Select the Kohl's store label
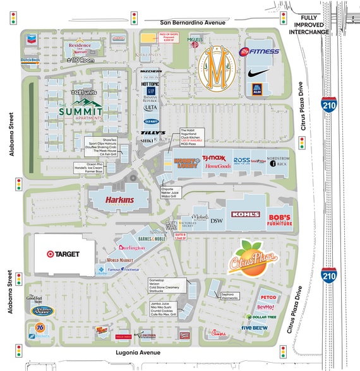(245, 215)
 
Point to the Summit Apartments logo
(80, 111)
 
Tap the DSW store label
(217, 220)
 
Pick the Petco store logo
(268, 297)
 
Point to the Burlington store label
(131, 247)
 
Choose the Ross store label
(242, 160)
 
